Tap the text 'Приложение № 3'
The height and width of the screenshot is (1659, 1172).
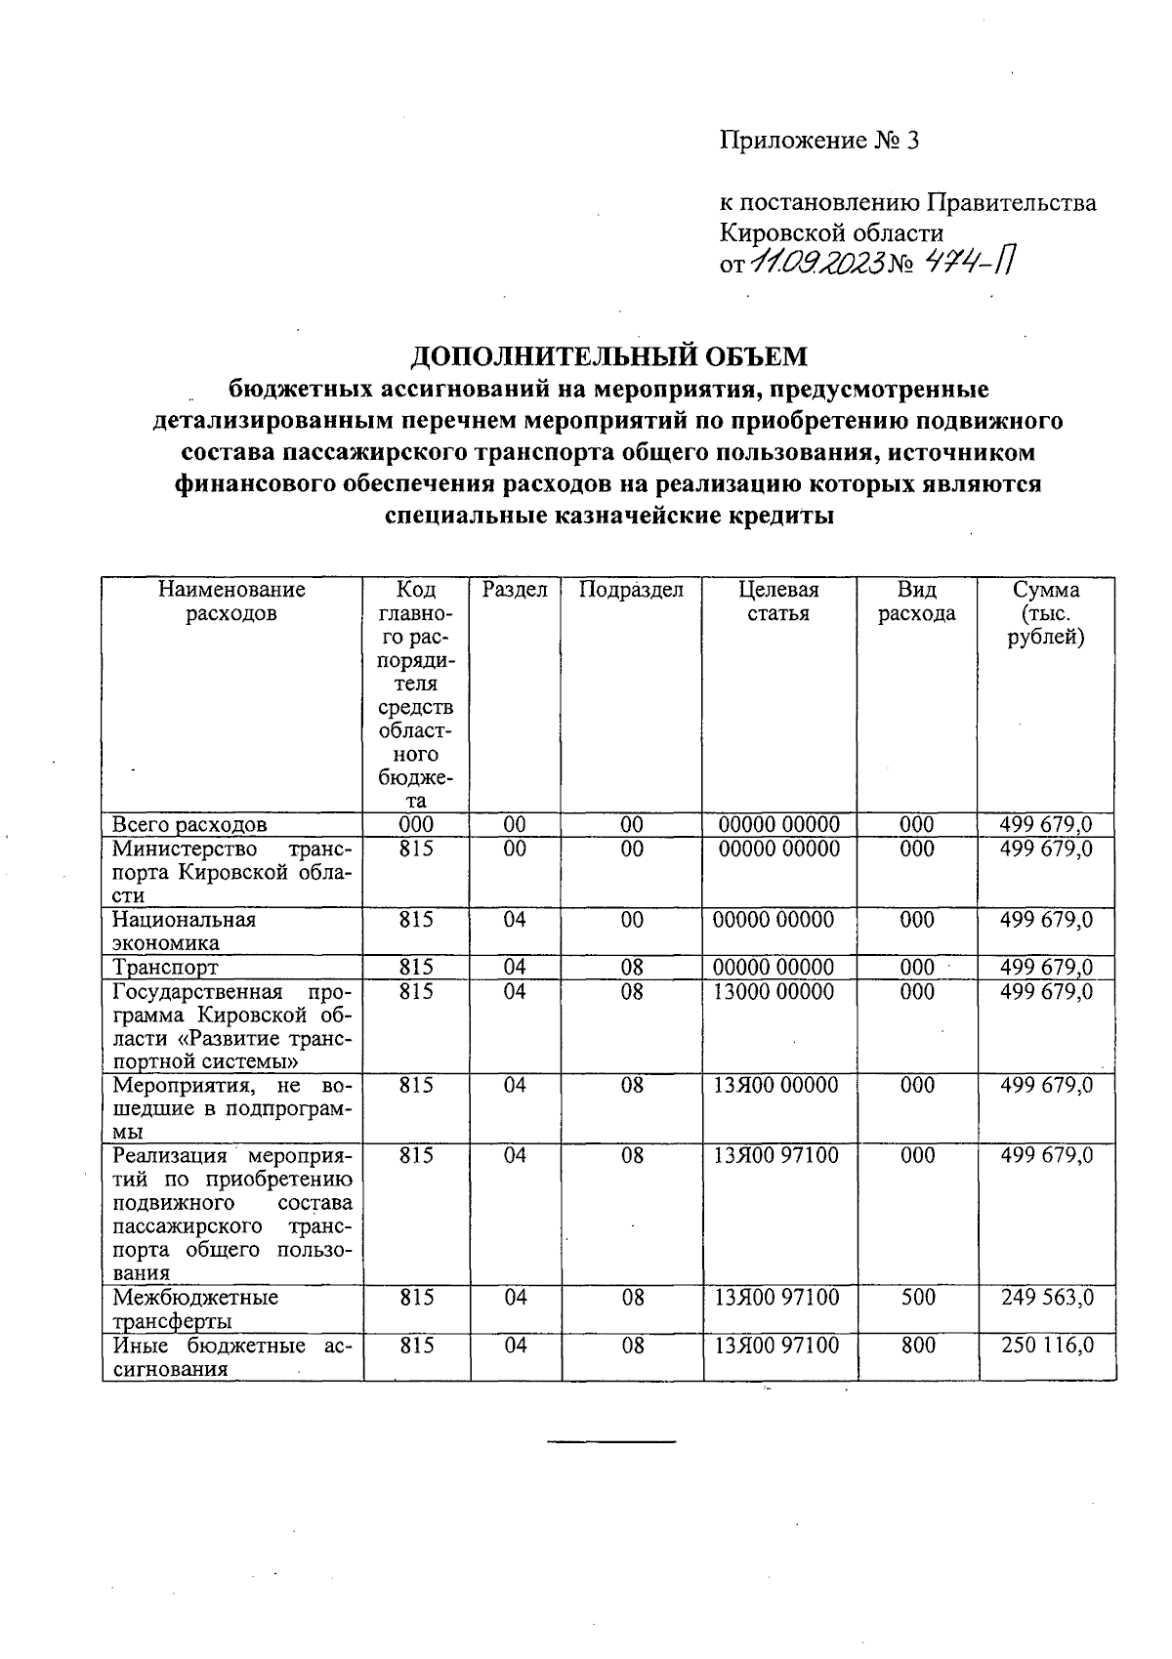819,141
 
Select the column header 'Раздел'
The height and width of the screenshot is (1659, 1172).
515,590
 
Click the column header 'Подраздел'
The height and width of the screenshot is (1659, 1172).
631,590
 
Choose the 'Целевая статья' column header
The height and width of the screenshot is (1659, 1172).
778,601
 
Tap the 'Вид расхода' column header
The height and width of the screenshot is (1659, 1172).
916,601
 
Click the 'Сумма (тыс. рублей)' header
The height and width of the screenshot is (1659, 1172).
1046,613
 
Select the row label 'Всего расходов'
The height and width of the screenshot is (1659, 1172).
189,825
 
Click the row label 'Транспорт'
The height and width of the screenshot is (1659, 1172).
165,967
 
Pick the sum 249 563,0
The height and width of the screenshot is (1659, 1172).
1047,1298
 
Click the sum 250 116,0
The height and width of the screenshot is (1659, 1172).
1047,1346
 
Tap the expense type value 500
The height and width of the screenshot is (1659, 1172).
917,1298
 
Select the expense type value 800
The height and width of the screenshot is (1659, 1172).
917,1346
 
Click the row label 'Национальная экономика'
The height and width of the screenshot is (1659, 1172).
184,932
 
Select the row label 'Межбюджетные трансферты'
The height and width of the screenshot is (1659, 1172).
194,1309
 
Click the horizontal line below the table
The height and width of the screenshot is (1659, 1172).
610,1441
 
